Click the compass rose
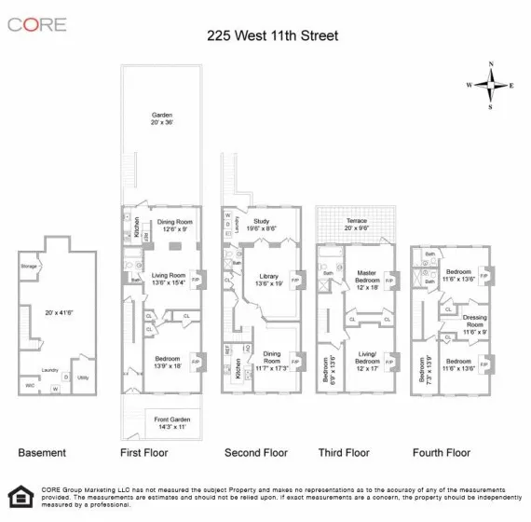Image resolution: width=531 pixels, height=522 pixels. pos(491,85)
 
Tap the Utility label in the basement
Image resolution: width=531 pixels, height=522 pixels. pos(83,378)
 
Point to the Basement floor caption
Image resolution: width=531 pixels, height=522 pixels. pos(42,453)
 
